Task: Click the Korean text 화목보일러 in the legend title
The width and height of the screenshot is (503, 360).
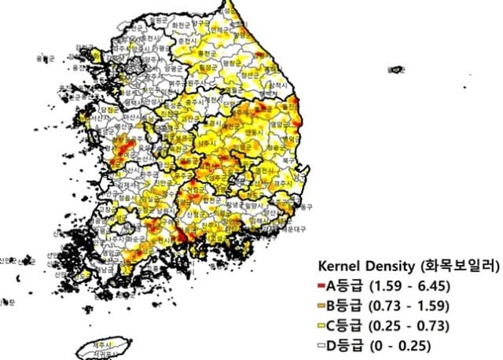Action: (457, 266)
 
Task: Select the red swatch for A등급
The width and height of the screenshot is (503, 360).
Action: (322, 285)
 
